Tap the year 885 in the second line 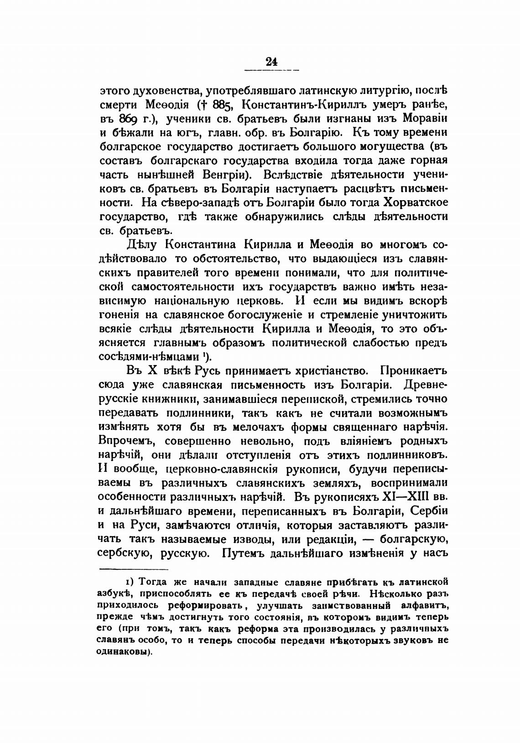pos(221,105)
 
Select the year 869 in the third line pos(129,119)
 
